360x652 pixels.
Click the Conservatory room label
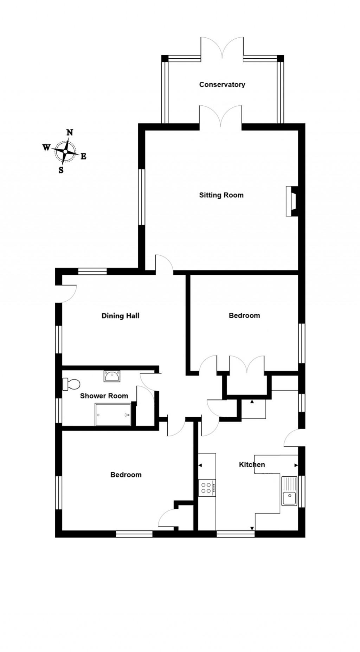[x=222, y=84]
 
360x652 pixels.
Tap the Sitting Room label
[x=221, y=195]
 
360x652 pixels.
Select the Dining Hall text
[x=120, y=315]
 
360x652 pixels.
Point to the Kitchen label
[x=252, y=464]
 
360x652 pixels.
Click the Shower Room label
[x=104, y=396]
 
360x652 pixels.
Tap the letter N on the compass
[x=70, y=132]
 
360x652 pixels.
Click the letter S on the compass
[x=61, y=170]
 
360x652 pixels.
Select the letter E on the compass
[x=83, y=157]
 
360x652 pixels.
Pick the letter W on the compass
[x=46, y=147]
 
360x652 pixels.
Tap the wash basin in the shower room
[x=112, y=376]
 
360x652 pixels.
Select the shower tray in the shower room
[x=113, y=415]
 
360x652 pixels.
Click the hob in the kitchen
[x=207, y=488]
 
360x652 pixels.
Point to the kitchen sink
[x=289, y=491]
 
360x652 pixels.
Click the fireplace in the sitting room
[x=292, y=201]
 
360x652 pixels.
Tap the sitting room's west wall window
[x=141, y=197]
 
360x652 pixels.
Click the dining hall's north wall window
[x=92, y=271]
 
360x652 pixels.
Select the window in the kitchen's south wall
[x=235, y=534]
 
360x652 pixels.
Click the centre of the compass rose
[x=65, y=151]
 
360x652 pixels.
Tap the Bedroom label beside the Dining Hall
[x=244, y=315]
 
